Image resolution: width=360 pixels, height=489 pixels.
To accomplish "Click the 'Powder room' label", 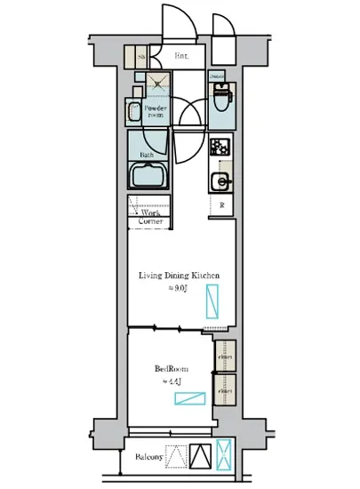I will coord(156,110).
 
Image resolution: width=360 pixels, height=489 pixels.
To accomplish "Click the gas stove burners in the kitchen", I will coord(220,146).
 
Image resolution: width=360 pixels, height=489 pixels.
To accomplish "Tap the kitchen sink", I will coord(220,182).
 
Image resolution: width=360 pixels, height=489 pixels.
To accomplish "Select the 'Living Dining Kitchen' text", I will coord(178,276).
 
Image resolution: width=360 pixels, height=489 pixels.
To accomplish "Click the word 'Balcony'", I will coord(148,458).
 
